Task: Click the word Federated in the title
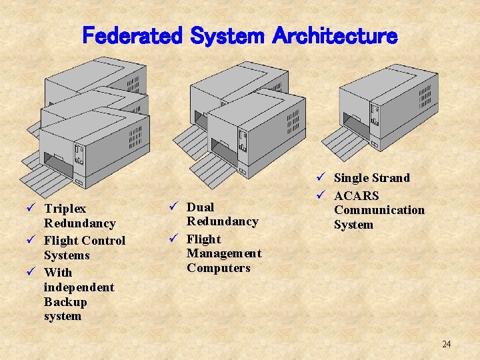click(131, 35)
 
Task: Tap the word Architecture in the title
click(335, 35)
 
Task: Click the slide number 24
click(446, 344)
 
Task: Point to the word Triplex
click(65, 209)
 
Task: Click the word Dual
click(200, 207)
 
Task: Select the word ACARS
click(356, 195)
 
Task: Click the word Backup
click(65, 301)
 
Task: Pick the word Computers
click(218, 268)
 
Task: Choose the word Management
click(224, 253)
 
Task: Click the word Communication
click(379, 210)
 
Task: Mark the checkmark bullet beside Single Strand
click(320, 177)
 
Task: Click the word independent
click(79, 287)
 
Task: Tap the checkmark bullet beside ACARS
click(320, 195)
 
